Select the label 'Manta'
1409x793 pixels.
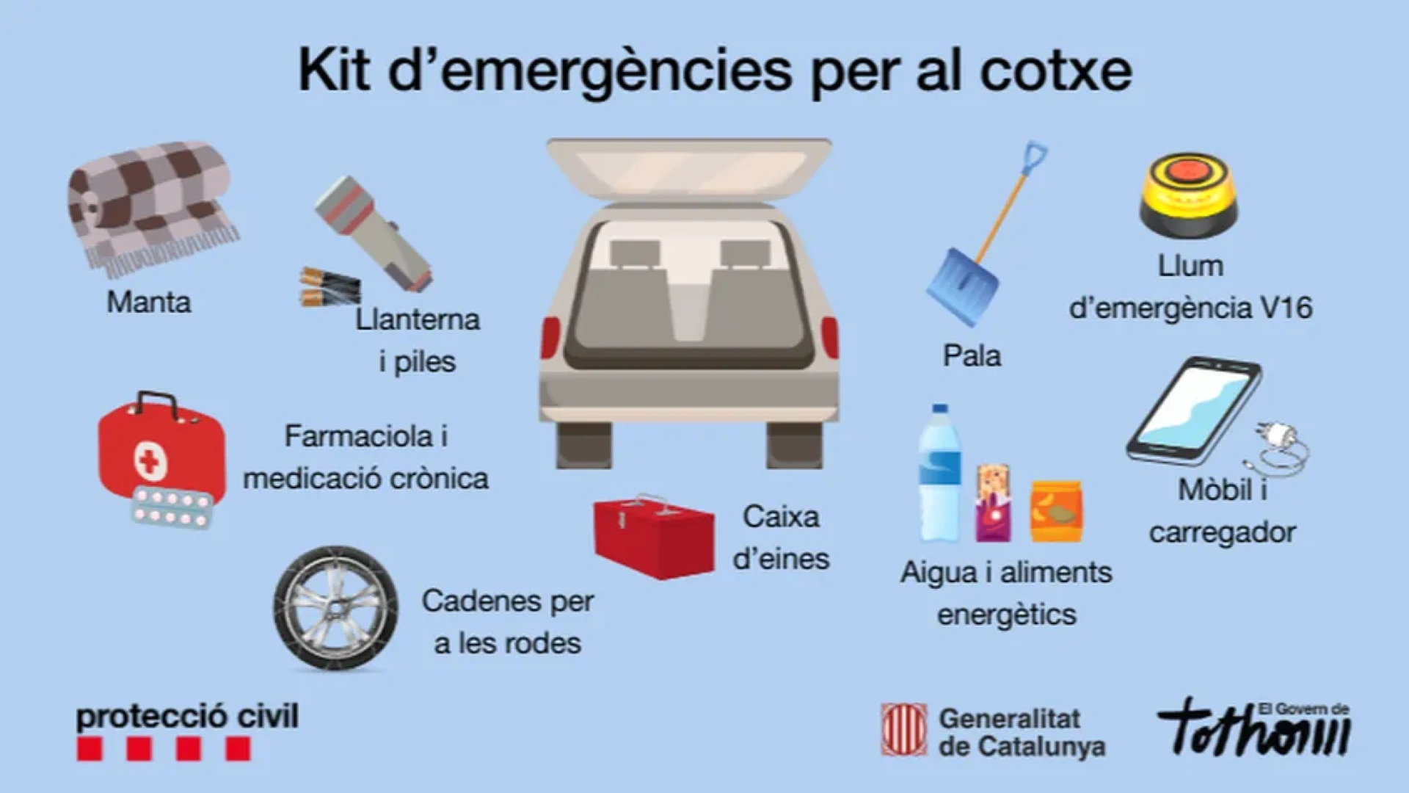(x=149, y=302)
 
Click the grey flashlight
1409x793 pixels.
(x=374, y=233)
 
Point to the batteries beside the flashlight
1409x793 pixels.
(x=330, y=286)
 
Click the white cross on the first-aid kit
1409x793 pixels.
(x=150, y=462)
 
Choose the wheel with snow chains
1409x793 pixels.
(x=336, y=608)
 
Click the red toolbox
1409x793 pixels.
(x=653, y=536)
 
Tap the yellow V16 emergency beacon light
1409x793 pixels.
(x=1189, y=195)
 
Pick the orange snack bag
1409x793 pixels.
(x=1056, y=512)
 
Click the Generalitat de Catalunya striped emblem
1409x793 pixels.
(x=904, y=730)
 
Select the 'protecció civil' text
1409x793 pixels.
(x=187, y=717)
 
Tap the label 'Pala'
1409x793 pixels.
(x=972, y=356)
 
